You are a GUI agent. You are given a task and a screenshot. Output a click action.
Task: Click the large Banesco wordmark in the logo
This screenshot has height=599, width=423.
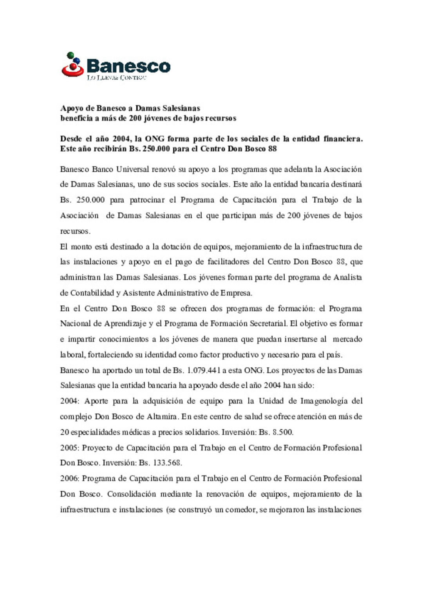pos(128,66)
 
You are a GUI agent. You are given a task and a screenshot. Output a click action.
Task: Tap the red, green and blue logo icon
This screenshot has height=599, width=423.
pos(72,65)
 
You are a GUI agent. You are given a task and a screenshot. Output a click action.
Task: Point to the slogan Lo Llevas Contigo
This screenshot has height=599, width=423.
pos(116,78)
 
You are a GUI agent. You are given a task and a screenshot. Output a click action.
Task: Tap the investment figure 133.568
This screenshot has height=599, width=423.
pos(167,463)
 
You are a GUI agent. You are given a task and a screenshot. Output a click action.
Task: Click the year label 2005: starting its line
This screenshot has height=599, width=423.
pos(69,448)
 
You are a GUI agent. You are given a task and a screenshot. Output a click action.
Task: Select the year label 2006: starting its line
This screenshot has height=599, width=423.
pos(69,478)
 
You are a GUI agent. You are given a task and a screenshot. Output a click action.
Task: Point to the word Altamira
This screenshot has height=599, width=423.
pos(162,416)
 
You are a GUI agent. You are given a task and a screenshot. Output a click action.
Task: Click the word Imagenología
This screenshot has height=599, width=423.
pos(324,401)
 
